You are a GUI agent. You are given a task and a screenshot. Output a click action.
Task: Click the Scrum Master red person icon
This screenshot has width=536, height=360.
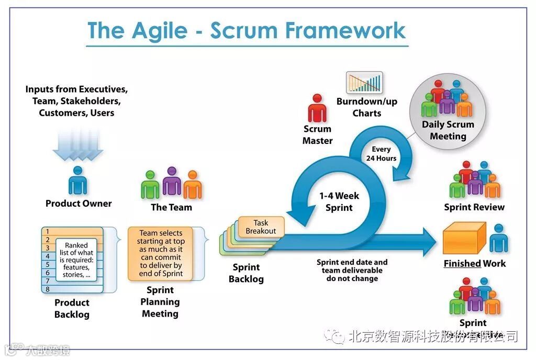tap(317, 109)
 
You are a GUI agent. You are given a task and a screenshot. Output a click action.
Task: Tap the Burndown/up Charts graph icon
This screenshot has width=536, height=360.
tap(364, 83)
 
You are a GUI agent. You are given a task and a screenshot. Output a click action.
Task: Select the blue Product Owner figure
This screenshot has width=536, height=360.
tap(78, 181)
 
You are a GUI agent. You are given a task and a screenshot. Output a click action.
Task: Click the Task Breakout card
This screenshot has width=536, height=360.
tap(261, 227)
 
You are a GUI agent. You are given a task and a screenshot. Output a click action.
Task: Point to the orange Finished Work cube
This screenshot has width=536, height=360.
tap(463, 239)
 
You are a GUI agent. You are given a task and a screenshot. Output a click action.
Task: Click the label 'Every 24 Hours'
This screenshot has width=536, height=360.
tap(381, 154)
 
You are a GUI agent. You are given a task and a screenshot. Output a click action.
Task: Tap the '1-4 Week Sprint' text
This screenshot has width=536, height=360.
tap(339, 201)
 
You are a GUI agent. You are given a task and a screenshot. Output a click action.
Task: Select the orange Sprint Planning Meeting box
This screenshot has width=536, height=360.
tap(160, 254)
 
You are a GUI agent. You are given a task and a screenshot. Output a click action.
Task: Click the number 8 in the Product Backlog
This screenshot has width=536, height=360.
tap(48, 289)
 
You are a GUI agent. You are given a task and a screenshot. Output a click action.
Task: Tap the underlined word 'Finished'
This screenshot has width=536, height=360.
tap(462, 263)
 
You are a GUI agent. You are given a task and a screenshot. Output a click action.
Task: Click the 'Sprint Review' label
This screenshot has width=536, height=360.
tap(474, 207)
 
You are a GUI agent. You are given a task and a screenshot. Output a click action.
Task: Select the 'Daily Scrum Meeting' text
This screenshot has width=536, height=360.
tap(448, 130)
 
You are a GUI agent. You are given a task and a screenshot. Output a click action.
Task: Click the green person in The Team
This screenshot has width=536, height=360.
tap(150, 185)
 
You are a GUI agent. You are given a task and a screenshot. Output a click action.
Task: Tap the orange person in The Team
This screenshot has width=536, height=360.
tap(193, 185)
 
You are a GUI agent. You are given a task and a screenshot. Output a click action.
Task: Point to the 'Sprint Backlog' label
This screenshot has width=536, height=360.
tap(246, 273)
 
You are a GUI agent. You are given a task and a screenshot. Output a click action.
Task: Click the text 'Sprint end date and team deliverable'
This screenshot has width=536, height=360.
tap(352, 266)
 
